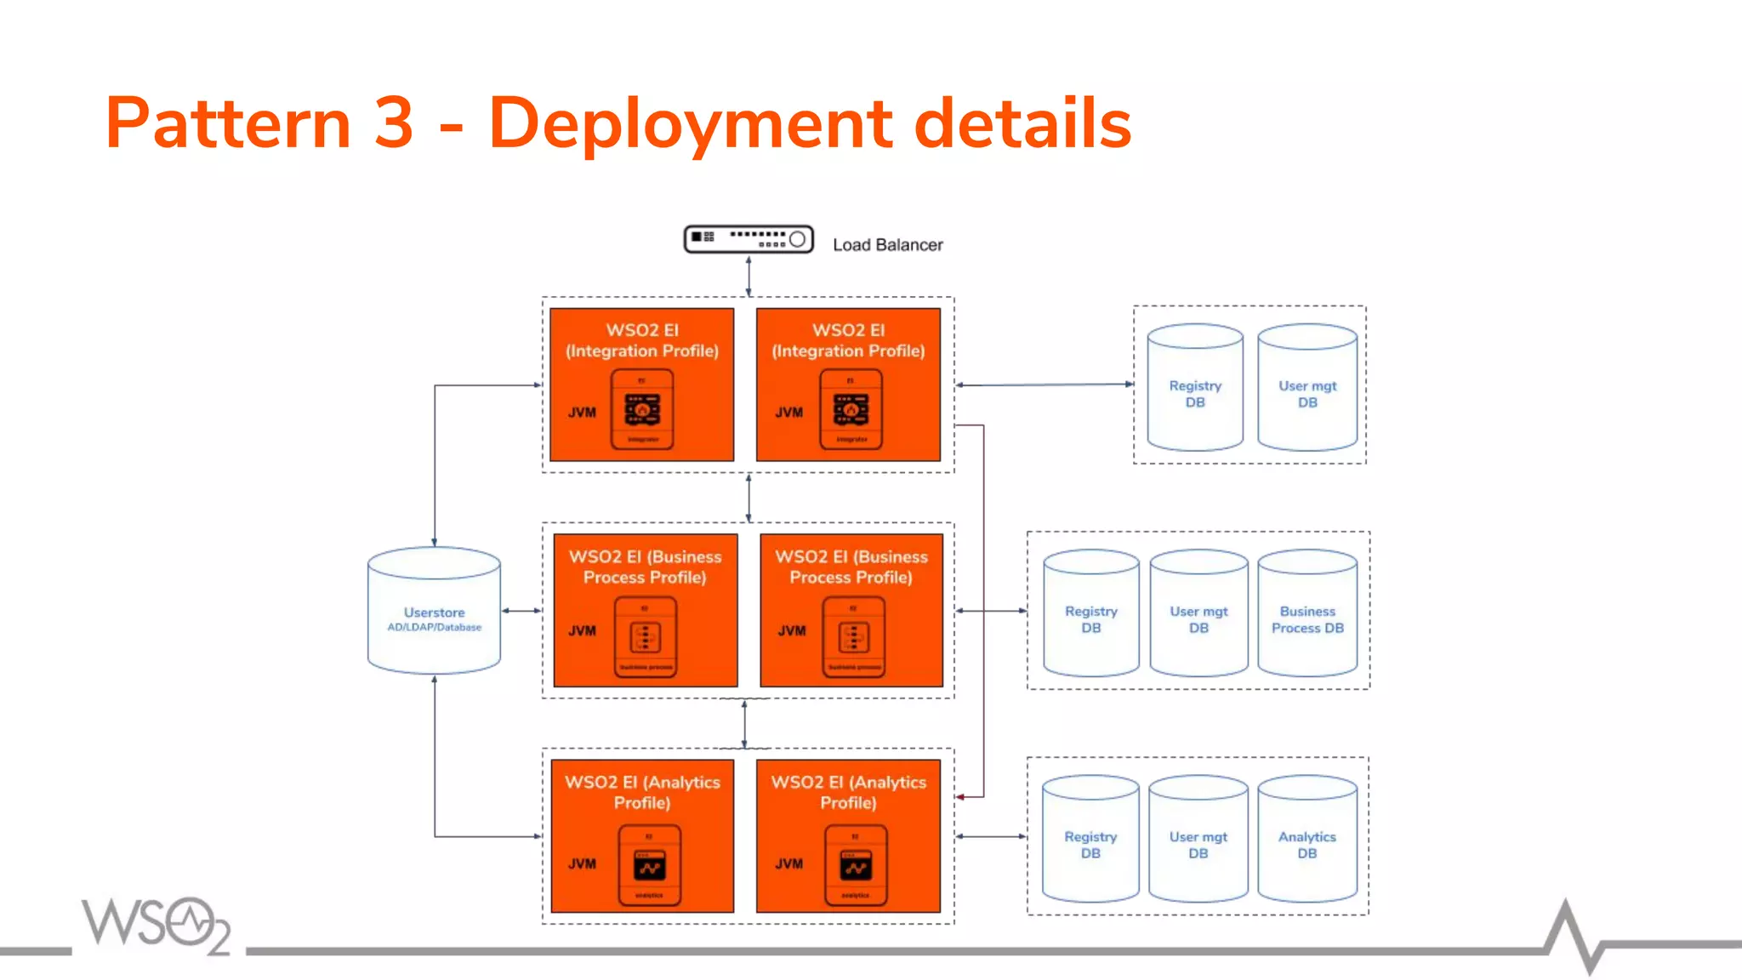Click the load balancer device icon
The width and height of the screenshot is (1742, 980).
pos(749,239)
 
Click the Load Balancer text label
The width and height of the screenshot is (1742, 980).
pos(887,245)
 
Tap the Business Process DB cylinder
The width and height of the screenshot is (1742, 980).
pos(1307,613)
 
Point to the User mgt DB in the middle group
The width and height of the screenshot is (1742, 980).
pos(1198,613)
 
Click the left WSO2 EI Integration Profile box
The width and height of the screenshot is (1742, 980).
pos(641,385)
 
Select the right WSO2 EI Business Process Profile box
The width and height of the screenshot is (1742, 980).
pos(851,610)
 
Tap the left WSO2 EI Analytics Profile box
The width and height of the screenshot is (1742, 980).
pos(642,835)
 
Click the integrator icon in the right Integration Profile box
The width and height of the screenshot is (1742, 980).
pos(851,409)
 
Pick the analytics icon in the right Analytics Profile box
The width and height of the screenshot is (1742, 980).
pos(856,865)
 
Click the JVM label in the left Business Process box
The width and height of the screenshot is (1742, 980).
pos(582,631)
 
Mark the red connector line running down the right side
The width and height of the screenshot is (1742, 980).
pos(984,612)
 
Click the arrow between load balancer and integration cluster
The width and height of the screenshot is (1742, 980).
pos(749,276)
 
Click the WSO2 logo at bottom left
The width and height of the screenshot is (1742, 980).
pos(156,925)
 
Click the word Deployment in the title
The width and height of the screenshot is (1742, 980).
pos(690,124)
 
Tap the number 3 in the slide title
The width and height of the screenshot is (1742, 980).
pos(393,122)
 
